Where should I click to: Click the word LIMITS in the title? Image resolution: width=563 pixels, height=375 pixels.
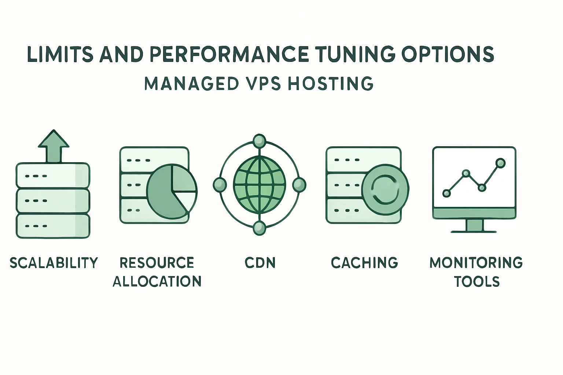pyautogui.click(x=60, y=54)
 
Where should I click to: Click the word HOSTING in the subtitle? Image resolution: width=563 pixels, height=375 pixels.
pyautogui.click(x=331, y=83)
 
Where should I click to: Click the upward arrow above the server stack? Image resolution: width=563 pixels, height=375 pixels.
pyautogui.click(x=54, y=146)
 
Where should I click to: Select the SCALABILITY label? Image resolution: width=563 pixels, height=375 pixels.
pyautogui.click(x=54, y=263)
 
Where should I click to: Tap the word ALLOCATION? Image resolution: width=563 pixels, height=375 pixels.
pyautogui.click(x=157, y=281)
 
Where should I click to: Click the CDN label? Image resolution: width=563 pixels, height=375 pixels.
pyautogui.click(x=260, y=263)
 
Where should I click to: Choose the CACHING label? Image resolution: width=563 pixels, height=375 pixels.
pyautogui.click(x=364, y=263)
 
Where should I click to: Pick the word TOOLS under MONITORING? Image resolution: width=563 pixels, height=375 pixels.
pyautogui.click(x=476, y=282)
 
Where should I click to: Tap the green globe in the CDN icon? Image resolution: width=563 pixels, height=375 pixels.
pyautogui.click(x=260, y=185)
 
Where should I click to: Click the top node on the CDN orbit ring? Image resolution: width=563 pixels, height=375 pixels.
pyautogui.click(x=260, y=141)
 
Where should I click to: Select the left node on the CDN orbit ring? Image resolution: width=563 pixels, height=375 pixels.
pyautogui.click(x=220, y=185)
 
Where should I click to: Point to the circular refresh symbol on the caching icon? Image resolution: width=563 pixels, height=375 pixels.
pyautogui.click(x=385, y=190)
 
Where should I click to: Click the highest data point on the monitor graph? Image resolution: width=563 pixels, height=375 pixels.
pyautogui.click(x=500, y=163)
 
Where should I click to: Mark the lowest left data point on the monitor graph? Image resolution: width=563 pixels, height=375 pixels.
pyautogui.click(x=446, y=193)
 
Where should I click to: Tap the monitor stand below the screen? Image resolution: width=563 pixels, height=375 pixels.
pyautogui.click(x=474, y=226)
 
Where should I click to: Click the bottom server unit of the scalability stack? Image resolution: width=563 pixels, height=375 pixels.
pyautogui.click(x=53, y=226)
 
